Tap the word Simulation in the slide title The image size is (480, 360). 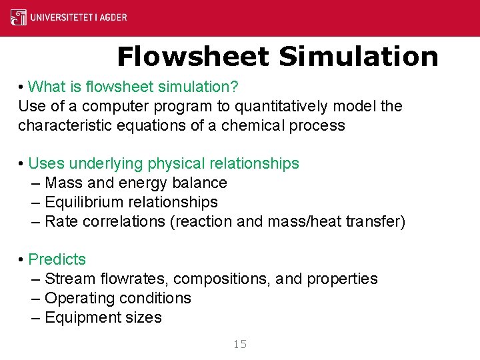[x=359, y=57]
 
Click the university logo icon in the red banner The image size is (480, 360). [x=19, y=17]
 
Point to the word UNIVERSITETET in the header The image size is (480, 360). [x=59, y=17]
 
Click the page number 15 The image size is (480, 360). [x=240, y=344]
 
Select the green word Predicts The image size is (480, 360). [x=57, y=259]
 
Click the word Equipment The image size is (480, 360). [x=82, y=317]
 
